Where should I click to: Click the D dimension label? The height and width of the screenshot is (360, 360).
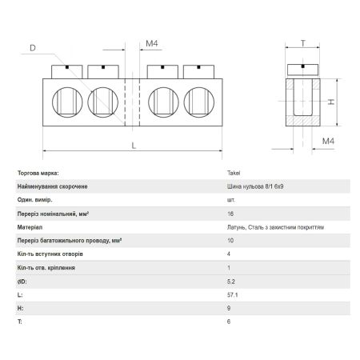[x=33, y=48]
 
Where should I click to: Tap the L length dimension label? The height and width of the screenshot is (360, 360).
[x=134, y=146]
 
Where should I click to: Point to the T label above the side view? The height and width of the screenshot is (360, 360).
[x=303, y=43]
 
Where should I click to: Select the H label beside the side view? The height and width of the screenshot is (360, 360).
[x=331, y=102]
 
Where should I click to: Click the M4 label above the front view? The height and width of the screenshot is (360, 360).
[x=152, y=43]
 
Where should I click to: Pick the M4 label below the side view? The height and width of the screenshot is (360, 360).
[x=328, y=141]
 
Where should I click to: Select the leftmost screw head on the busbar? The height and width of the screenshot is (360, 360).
[x=67, y=72]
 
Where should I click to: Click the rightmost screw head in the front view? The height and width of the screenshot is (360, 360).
[x=198, y=72]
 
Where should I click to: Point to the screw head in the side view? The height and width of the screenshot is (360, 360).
[x=302, y=70]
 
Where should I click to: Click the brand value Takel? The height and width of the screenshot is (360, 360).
[x=234, y=173]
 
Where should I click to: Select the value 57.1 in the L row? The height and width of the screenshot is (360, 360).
[x=233, y=295]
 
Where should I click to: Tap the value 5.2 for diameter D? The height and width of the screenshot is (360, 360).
[x=231, y=282]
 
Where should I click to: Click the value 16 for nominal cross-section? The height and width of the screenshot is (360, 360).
[x=230, y=214]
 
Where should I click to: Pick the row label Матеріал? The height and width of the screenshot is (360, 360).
[x=30, y=227]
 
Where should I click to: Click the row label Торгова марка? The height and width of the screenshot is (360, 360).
[x=38, y=173]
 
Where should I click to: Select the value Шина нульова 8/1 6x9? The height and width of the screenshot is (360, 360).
[x=255, y=186]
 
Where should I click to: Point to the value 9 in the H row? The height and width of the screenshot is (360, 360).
[x=229, y=308]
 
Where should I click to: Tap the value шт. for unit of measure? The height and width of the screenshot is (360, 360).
[x=231, y=200]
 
